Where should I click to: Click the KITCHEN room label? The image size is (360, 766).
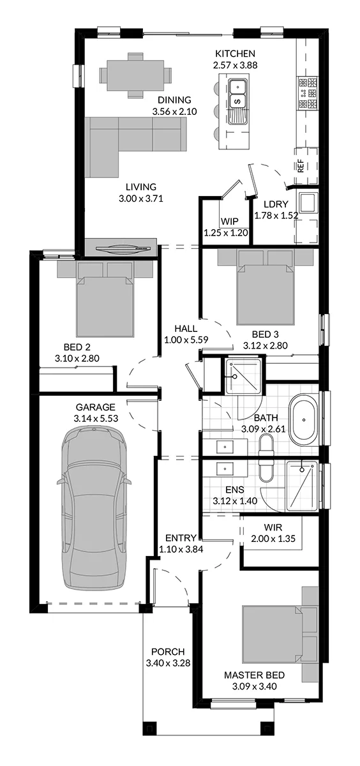(235, 54)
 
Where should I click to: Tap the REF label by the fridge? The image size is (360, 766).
(301, 166)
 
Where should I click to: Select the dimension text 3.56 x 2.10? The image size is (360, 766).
(174, 112)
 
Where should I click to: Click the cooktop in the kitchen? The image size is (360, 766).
(307, 93)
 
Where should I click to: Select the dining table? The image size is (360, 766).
(135, 75)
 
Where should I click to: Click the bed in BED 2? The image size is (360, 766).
(105, 298)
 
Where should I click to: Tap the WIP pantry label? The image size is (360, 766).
(229, 222)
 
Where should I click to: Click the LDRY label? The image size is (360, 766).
(276, 204)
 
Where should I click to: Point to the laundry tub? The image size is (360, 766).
(309, 202)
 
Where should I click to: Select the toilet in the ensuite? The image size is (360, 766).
(266, 470)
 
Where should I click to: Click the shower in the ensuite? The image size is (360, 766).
(302, 486)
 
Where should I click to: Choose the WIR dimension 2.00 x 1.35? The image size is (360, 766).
(273, 539)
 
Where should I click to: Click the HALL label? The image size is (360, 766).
(186, 329)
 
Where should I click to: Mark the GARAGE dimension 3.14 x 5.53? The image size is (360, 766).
(96, 418)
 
